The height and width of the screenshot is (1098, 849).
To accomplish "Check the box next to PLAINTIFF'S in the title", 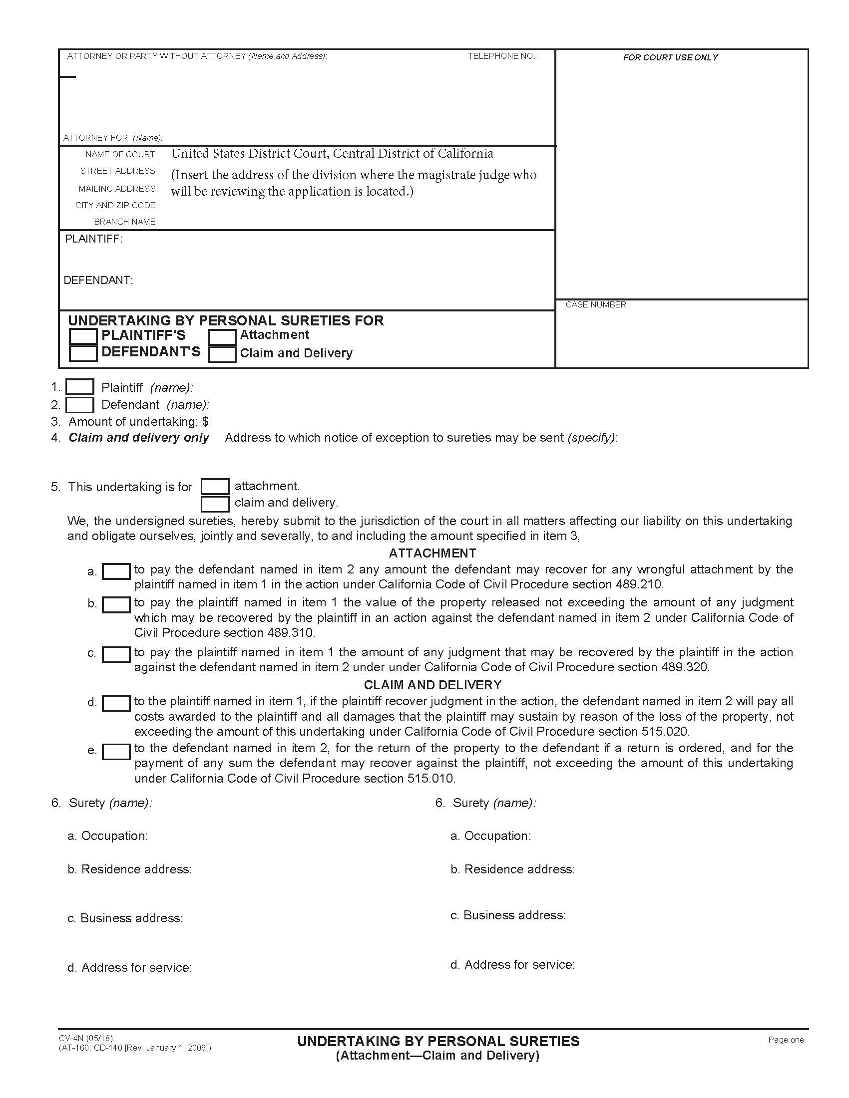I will click(83, 336).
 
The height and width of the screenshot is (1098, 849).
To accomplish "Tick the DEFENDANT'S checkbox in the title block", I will click(83, 353).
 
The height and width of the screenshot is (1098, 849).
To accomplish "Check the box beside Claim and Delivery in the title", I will click(222, 354).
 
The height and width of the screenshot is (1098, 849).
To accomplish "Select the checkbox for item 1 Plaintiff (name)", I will click(80, 387).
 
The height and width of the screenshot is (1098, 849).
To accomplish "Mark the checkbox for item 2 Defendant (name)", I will click(80, 405).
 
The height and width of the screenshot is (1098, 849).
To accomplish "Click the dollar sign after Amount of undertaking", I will click(205, 421).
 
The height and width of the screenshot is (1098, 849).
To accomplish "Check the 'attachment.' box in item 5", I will click(215, 487).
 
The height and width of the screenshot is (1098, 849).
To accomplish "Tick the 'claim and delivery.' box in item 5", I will click(215, 503).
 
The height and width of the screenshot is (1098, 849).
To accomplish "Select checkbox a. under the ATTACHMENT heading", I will click(116, 571).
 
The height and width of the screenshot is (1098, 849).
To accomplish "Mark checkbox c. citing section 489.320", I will click(116, 654).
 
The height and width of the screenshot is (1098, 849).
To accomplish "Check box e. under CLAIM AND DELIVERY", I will click(116, 752).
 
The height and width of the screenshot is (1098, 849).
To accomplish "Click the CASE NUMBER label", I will click(596, 304).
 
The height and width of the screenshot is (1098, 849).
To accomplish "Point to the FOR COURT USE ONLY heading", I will click(670, 58).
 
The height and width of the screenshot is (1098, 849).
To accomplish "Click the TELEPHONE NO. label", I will click(502, 56).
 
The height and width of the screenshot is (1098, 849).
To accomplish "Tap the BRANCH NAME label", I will click(126, 222).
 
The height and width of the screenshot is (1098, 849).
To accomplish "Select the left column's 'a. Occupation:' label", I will click(108, 836).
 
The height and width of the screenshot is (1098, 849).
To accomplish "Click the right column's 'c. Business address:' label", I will click(508, 915).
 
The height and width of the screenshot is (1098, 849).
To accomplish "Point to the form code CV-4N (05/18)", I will click(86, 1038).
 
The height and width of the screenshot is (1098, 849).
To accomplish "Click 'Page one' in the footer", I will click(786, 1040).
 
